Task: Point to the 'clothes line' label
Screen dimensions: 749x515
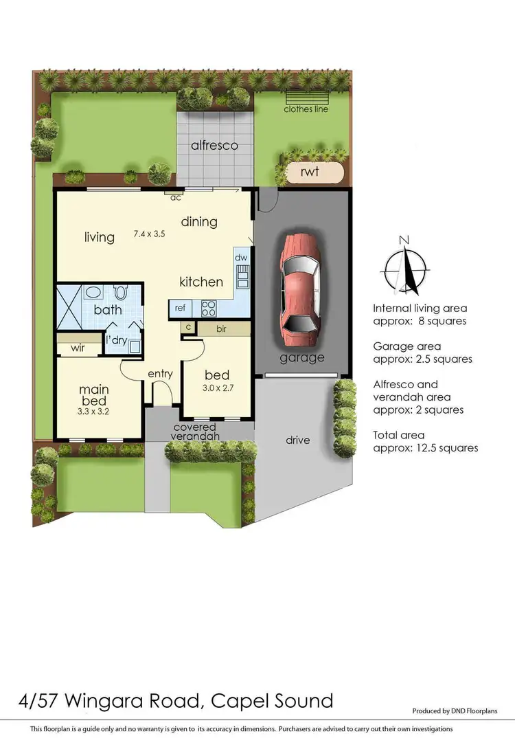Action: [306, 109]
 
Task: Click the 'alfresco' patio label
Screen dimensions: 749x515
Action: [214, 146]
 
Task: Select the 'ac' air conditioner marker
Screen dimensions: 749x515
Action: [176, 197]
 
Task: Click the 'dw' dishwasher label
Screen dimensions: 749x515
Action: [241, 258]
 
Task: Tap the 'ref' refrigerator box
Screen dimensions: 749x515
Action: [181, 308]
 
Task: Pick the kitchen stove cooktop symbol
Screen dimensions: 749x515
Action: [209, 308]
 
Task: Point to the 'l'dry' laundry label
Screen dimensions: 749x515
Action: [115, 339]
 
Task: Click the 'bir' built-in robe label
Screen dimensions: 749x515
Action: [221, 330]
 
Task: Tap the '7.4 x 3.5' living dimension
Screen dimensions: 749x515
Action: [150, 234]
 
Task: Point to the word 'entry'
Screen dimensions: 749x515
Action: [160, 374]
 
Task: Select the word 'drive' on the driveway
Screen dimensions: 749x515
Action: [299, 440]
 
